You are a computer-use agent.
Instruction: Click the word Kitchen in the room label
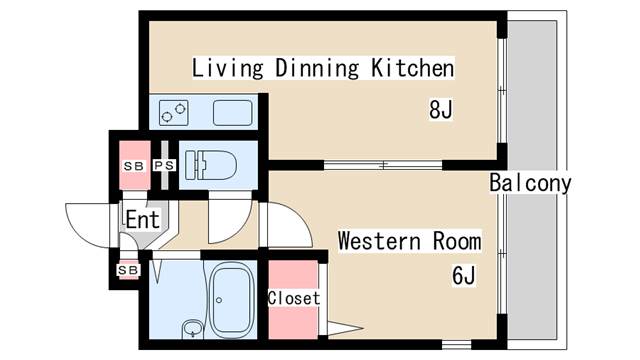(413, 69)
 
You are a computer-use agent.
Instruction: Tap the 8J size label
(441, 109)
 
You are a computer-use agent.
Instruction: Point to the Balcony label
(530, 183)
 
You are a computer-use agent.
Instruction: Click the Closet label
(294, 298)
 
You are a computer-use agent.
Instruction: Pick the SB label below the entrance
(128, 269)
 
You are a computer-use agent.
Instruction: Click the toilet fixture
(210, 161)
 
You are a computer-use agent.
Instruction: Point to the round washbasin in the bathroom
(192, 327)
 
